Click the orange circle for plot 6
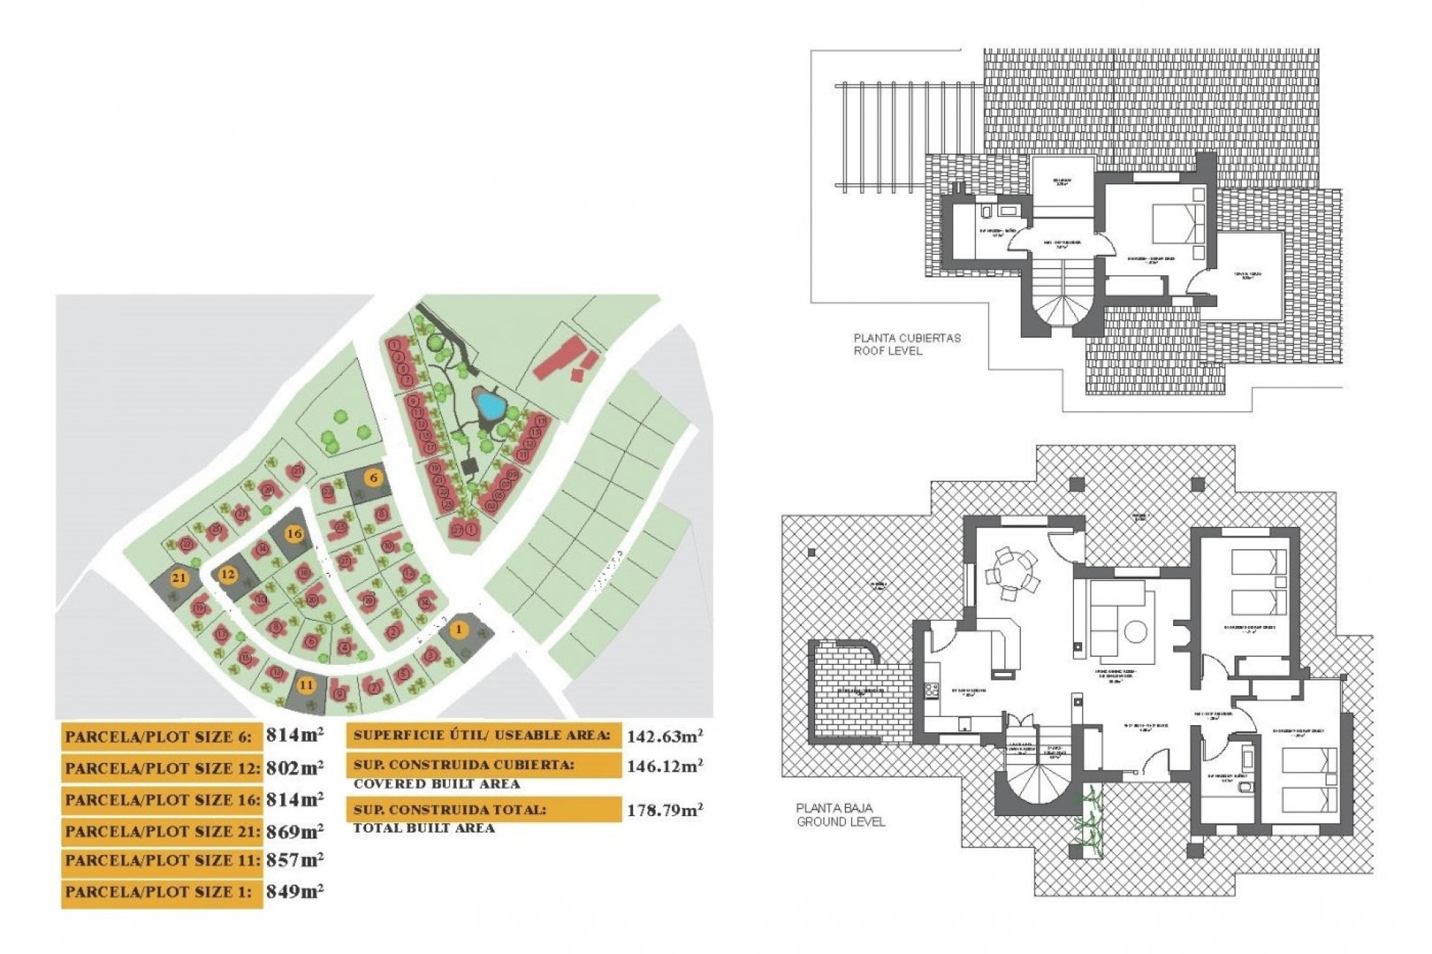click(374, 478)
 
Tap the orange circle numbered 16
click(295, 534)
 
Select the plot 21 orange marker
click(179, 578)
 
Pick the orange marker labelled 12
click(227, 574)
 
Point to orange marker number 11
click(306, 685)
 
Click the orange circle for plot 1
click(459, 630)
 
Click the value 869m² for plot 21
click(295, 831)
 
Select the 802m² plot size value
click(295, 768)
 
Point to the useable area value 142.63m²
click(664, 736)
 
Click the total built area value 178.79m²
click(664, 810)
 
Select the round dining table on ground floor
click(1011, 575)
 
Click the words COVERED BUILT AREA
click(436, 784)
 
